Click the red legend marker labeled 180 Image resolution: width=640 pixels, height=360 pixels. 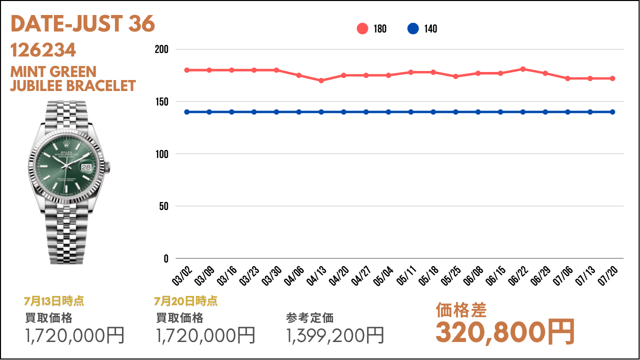click(362, 29)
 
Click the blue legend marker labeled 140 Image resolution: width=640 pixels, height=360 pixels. click(413, 29)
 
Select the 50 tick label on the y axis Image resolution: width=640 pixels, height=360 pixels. click(163, 206)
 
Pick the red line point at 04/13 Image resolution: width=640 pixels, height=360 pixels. click(321, 80)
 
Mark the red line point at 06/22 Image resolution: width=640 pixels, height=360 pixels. click(523, 69)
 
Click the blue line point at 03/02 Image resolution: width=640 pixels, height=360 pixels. click(187, 112)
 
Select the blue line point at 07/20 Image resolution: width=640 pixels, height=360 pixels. click(612, 112)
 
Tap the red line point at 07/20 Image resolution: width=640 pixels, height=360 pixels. click(612, 78)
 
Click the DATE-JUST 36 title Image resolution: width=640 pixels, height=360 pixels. click(82, 24)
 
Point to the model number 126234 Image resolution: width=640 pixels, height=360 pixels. click(43, 50)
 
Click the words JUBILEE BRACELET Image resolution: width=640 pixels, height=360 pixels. click(73, 86)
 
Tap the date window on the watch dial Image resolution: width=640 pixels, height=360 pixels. click(87, 167)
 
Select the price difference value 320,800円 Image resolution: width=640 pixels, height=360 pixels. click(505, 332)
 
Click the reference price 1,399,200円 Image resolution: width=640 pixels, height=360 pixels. click(335, 335)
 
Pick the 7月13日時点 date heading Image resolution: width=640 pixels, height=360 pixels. click(54, 301)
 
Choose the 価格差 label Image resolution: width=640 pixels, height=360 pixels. click(461, 310)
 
